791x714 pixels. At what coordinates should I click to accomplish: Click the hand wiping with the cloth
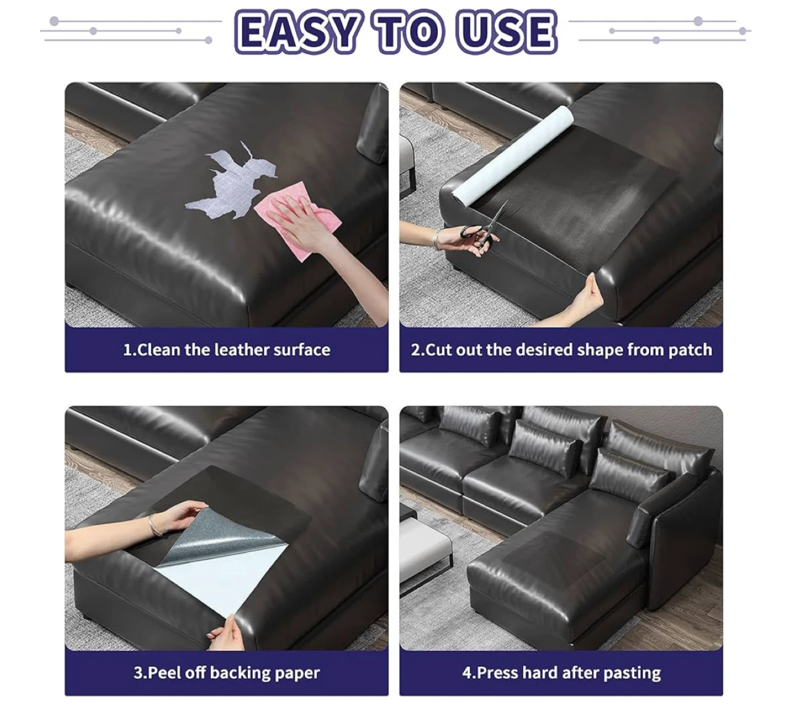click(304, 221)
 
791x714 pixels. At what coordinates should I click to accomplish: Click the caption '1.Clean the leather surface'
click(227, 350)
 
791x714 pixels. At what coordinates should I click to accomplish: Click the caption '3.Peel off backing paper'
click(227, 673)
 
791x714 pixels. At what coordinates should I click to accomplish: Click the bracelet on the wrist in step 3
click(154, 525)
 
